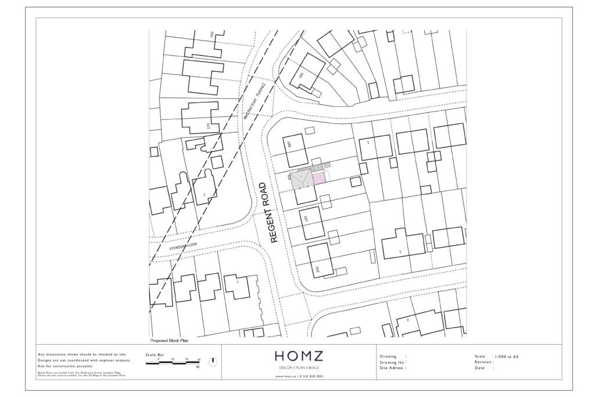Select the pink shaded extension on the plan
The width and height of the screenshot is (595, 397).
click(x=318, y=178)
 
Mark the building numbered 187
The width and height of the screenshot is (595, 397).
click(x=308, y=72)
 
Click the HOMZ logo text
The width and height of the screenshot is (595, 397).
click(x=299, y=356)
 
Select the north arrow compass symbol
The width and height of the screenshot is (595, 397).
click(x=213, y=362)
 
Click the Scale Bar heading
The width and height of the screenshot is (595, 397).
click(x=153, y=354)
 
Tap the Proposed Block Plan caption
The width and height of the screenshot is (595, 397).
click(x=169, y=341)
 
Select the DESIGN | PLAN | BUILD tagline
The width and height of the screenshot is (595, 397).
click(x=299, y=368)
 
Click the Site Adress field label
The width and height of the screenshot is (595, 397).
click(x=393, y=368)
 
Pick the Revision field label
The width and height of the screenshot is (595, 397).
click(x=484, y=362)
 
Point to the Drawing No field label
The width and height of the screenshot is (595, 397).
click(x=392, y=362)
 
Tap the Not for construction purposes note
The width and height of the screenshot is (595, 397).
click(x=65, y=367)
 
